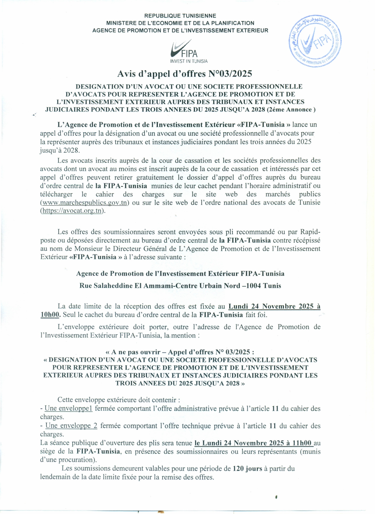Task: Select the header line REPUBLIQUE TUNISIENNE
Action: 180,16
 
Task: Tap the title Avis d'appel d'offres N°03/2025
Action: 185,74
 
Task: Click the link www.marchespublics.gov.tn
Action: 85,203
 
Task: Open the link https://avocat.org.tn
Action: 72,211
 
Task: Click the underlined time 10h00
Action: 50,315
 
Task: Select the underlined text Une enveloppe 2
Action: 71,426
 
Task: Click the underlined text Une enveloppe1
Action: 68,409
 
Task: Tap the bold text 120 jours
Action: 247,469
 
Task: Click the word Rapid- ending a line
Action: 310,232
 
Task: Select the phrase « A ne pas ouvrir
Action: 133,352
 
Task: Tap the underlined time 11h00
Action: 302,443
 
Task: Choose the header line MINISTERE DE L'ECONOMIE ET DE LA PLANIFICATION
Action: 180,23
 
